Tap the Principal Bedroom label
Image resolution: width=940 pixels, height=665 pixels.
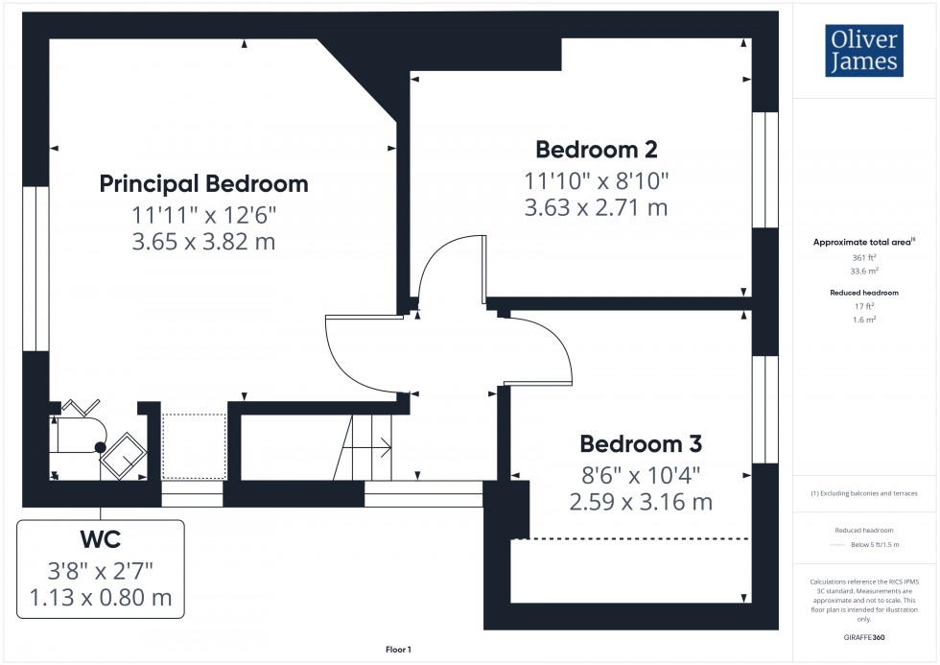(203, 183)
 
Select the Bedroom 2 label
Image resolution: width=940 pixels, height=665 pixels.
(596, 150)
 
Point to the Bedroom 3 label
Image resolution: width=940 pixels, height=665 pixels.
(641, 444)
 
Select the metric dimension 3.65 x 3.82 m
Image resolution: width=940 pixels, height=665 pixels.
(203, 242)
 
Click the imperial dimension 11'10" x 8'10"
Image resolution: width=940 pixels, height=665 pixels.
(596, 179)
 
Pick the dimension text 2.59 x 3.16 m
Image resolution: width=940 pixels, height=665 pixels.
(641, 501)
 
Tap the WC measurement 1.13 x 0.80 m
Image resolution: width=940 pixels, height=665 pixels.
(101, 598)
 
